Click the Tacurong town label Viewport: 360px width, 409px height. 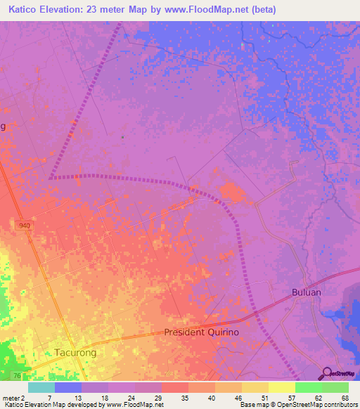75,352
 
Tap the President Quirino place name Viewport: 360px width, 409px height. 202,332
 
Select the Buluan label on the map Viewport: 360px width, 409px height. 307,292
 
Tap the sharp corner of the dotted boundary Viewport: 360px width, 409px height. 51,178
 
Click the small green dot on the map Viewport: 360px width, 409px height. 122,137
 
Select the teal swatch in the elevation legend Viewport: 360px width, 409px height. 41,387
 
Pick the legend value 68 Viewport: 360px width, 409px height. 344,397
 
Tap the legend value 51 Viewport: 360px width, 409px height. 264,397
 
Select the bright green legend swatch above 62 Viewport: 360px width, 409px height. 309,387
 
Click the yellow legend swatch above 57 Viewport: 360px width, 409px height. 282,387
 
